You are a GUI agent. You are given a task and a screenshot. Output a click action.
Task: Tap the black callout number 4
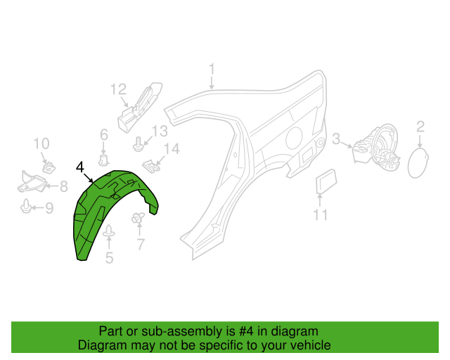coord(80,167)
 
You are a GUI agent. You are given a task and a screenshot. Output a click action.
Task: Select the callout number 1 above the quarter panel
coord(212,70)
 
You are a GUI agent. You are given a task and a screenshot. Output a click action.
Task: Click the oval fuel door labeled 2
coord(418,163)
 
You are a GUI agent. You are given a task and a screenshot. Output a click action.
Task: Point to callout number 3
coord(336,139)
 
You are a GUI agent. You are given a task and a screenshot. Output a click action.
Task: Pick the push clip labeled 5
coord(109,231)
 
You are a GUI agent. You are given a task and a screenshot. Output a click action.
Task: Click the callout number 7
coord(141,244)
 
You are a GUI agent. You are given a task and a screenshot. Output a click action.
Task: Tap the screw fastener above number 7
coord(138,218)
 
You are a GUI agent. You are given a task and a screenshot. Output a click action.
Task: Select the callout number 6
coord(104,134)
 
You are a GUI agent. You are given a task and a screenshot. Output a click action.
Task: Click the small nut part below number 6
coord(103,160)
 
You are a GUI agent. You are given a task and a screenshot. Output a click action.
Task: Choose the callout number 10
coord(41,143)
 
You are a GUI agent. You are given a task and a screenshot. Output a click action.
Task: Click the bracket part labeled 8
coord(32,182)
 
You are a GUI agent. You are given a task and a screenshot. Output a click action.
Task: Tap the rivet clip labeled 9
coord(26,206)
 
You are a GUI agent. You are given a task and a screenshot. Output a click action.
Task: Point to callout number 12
coord(119,89)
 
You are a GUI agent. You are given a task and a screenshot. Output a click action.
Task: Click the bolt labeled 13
coord(139,144)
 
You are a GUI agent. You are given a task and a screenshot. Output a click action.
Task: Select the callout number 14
coord(172,149)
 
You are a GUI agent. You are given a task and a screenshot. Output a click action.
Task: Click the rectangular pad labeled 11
coord(326,181)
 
